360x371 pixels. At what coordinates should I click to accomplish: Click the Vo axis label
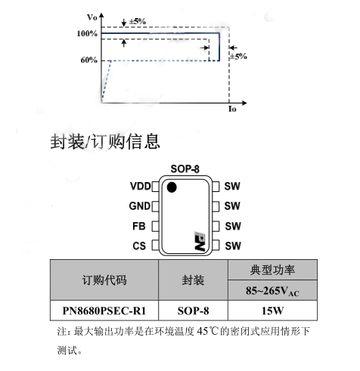[x=92, y=17]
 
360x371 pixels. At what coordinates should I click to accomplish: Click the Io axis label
[x=232, y=109]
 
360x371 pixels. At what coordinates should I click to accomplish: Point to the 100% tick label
[x=87, y=33]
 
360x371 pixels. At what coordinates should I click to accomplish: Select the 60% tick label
[x=89, y=60]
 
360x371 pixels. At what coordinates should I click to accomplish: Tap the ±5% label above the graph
[x=138, y=21]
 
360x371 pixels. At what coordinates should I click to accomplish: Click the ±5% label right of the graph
[x=238, y=56]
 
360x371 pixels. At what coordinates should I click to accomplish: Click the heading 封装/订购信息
[x=105, y=141]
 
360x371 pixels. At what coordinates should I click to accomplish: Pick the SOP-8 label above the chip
[x=185, y=169]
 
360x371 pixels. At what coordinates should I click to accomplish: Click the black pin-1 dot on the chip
[x=172, y=187]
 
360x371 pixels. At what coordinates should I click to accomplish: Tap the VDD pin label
[x=140, y=187]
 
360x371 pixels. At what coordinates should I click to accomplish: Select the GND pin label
[x=140, y=206]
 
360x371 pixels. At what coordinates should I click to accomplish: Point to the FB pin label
[x=139, y=226]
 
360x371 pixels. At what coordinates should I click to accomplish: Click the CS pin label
[x=139, y=246]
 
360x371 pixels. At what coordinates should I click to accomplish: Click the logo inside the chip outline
[x=200, y=241]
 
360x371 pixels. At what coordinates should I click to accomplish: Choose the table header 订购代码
[x=104, y=280]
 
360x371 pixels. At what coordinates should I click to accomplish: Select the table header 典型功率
[x=272, y=270]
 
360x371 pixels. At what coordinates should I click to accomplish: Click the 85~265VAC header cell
[x=272, y=291]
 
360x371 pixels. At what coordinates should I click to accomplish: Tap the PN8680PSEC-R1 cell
[x=104, y=311]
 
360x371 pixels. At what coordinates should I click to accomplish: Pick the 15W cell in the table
[x=272, y=311]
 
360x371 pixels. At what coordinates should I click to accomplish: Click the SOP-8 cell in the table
[x=193, y=311]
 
